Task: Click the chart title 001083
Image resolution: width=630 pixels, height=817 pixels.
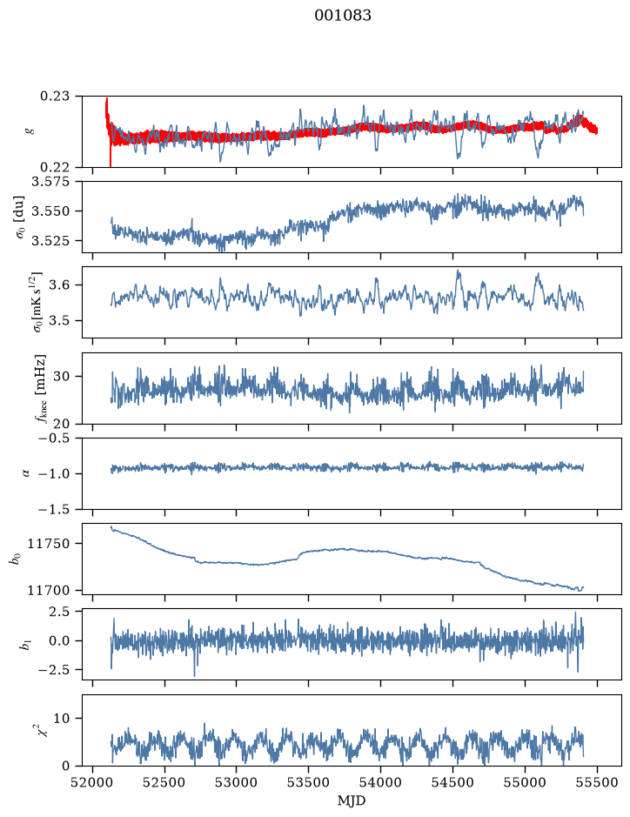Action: click(342, 16)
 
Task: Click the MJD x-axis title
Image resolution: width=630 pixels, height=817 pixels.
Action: click(352, 800)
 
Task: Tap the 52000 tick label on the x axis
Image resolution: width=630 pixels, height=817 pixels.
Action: click(93, 782)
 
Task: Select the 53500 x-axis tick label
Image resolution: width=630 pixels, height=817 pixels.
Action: click(309, 782)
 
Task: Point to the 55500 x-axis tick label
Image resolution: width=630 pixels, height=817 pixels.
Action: click(597, 782)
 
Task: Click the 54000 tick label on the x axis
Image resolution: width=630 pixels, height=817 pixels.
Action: click(380, 782)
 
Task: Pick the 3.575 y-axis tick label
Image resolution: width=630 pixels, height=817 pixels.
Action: click(55, 182)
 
